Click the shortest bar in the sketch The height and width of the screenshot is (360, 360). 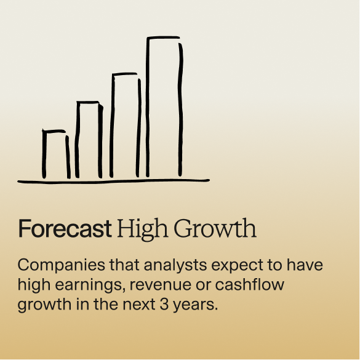44,154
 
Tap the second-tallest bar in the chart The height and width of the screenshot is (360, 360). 112,126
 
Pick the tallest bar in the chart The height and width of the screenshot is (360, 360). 148,108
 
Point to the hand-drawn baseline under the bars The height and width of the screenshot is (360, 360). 113,182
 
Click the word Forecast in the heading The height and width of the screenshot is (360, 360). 65,228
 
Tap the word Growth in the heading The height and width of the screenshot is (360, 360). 215,228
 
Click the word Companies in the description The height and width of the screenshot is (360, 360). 62,265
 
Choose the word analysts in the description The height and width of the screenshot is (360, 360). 175,265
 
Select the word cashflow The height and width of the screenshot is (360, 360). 250,285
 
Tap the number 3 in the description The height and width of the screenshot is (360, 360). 164,305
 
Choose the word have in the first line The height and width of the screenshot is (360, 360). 305,265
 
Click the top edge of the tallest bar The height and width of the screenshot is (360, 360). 163,37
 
